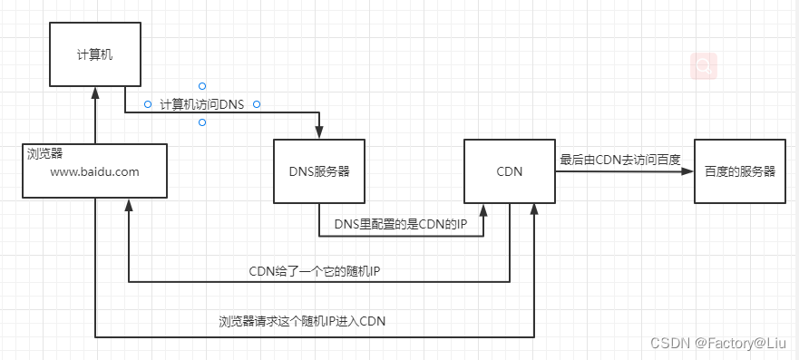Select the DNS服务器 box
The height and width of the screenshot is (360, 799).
pos(319,171)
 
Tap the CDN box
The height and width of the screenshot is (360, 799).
pos(509,171)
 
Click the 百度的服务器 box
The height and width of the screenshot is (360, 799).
pos(739,171)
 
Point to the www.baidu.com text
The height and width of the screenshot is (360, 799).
pos(94,171)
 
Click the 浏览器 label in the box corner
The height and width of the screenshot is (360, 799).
pos(44,153)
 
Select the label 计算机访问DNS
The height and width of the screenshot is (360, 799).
pos(202,104)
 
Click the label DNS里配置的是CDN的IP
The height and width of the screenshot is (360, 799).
pos(401,224)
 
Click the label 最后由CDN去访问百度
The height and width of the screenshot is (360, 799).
pos(619,159)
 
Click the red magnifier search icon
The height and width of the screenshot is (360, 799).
pos(703,65)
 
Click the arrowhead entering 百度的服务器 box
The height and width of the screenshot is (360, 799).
pos(688,171)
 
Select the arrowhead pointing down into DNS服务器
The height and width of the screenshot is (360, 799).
pos(319,133)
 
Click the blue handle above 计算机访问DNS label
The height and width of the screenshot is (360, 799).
pos(202,86)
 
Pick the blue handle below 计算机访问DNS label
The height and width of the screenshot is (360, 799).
pos(202,122)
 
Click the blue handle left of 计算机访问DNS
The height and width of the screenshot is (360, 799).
pos(147,104)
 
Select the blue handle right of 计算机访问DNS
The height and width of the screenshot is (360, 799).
pos(257,104)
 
